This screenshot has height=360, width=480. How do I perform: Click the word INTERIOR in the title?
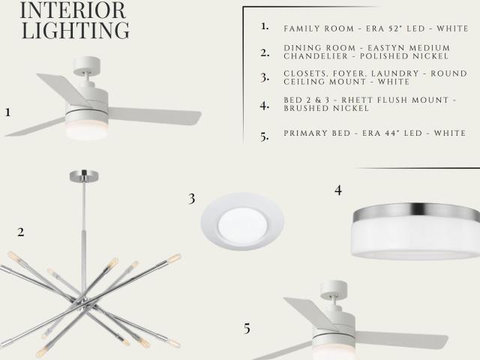[x=73, y=10]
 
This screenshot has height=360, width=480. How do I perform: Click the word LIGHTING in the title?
[x=75, y=30]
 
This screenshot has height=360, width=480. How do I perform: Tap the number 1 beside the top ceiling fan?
[x=8, y=112]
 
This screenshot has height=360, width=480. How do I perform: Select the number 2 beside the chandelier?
[x=21, y=232]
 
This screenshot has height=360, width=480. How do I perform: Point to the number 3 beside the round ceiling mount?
[x=192, y=199]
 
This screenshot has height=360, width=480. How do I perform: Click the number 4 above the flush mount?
[x=338, y=190]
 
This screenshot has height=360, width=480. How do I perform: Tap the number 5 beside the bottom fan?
[x=247, y=328]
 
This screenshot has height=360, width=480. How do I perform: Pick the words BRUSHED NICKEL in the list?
[x=326, y=108]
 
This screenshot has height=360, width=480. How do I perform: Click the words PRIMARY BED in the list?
[x=316, y=133]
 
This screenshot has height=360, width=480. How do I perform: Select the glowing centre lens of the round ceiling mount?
[x=242, y=223]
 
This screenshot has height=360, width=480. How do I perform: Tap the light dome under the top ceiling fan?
[x=86, y=129]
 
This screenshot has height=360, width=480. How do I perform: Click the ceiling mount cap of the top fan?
[x=87, y=65]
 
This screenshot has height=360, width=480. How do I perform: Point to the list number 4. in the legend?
[x=264, y=106]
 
